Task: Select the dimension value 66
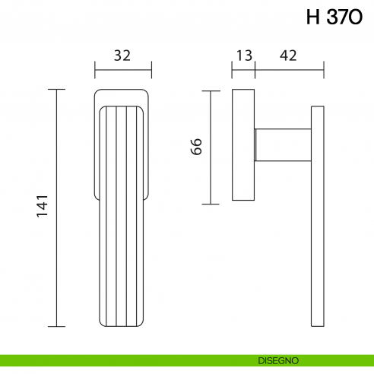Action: (x=195, y=147)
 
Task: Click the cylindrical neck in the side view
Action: (x=283, y=145)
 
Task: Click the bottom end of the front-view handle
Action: (x=122, y=325)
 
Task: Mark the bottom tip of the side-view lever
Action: (x=317, y=325)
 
